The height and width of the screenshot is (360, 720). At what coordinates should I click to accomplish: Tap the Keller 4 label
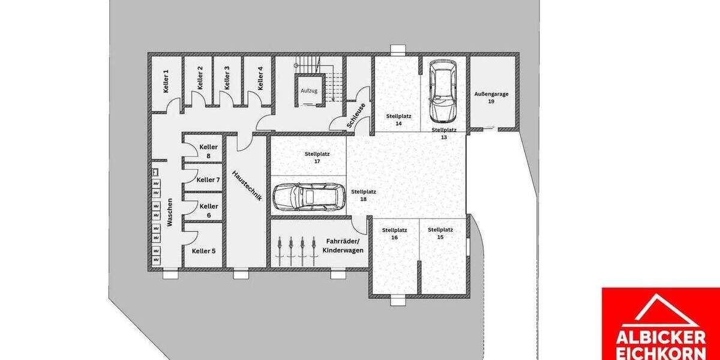pos(260,78)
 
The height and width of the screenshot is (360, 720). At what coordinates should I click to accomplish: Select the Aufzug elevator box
pos(309,90)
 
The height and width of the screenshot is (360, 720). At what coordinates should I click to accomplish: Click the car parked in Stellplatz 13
pos(442,92)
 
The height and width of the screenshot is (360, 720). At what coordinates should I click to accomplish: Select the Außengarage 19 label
pos(490,97)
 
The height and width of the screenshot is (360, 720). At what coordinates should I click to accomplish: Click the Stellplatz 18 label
pos(364,195)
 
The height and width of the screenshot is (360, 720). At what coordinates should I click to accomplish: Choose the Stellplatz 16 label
pos(394,233)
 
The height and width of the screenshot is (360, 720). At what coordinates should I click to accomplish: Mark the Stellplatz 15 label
pos(440,233)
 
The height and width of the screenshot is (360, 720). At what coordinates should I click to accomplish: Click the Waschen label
pos(170,212)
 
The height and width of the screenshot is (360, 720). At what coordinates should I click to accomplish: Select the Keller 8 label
pos(208,151)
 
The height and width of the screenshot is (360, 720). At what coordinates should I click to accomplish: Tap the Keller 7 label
pos(208,179)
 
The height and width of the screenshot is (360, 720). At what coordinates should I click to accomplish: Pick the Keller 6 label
pos(208,211)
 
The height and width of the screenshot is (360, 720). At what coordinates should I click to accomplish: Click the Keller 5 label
pos(203,251)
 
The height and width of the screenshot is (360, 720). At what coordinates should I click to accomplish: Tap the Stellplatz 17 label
pos(308,157)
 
